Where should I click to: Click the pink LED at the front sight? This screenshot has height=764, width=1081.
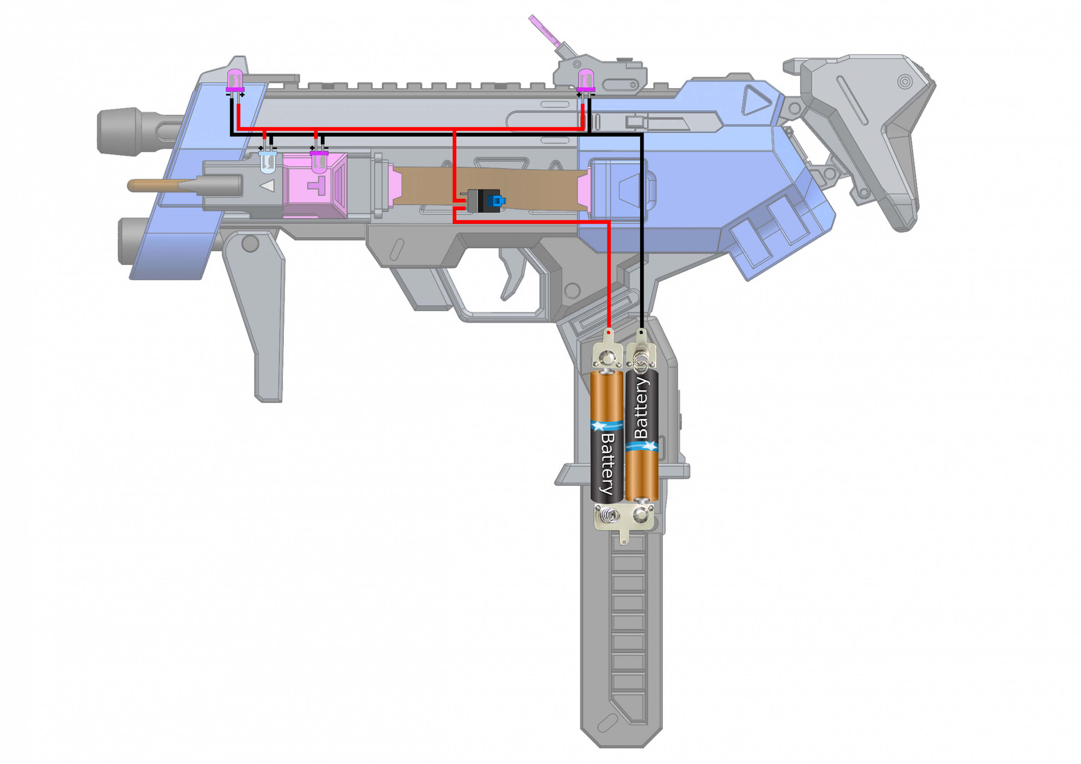click(x=234, y=79)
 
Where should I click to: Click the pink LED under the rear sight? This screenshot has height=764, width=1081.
click(x=586, y=79)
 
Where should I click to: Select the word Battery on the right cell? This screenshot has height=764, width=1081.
click(x=641, y=407)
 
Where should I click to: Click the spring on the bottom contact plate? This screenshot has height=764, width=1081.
click(x=610, y=517)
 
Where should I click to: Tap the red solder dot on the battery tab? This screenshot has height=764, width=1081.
click(x=609, y=333)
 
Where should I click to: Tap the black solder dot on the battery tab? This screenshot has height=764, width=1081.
click(x=641, y=332)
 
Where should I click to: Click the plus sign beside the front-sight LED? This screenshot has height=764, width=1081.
click(x=242, y=95)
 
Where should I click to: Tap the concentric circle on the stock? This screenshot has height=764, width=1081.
click(x=905, y=81)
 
